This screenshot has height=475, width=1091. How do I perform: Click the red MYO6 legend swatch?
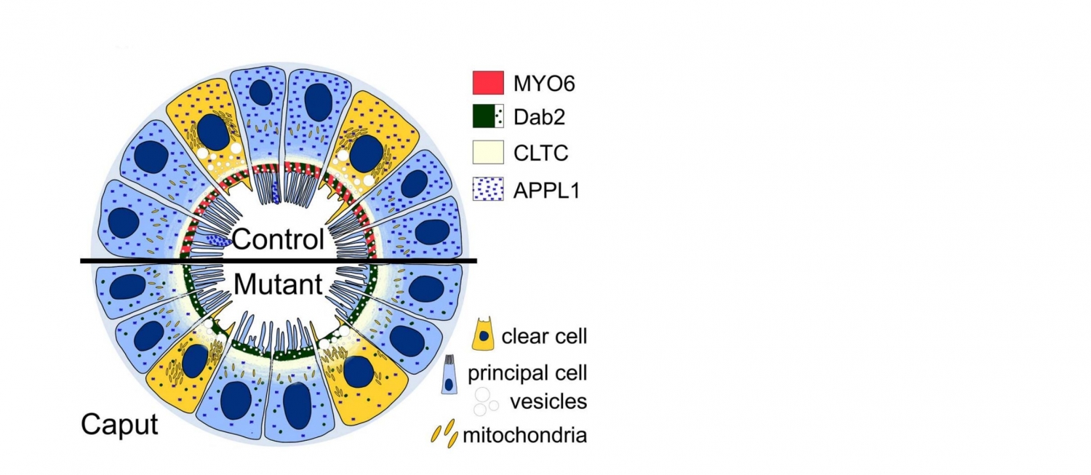pos(487,83)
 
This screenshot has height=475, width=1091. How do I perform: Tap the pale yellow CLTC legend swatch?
pos(487,152)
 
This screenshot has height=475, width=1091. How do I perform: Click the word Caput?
pos(119,424)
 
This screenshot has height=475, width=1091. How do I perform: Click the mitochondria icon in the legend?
pos(444,434)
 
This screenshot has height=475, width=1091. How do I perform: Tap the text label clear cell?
pos(543,336)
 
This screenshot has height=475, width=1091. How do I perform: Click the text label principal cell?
pos(527,373)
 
